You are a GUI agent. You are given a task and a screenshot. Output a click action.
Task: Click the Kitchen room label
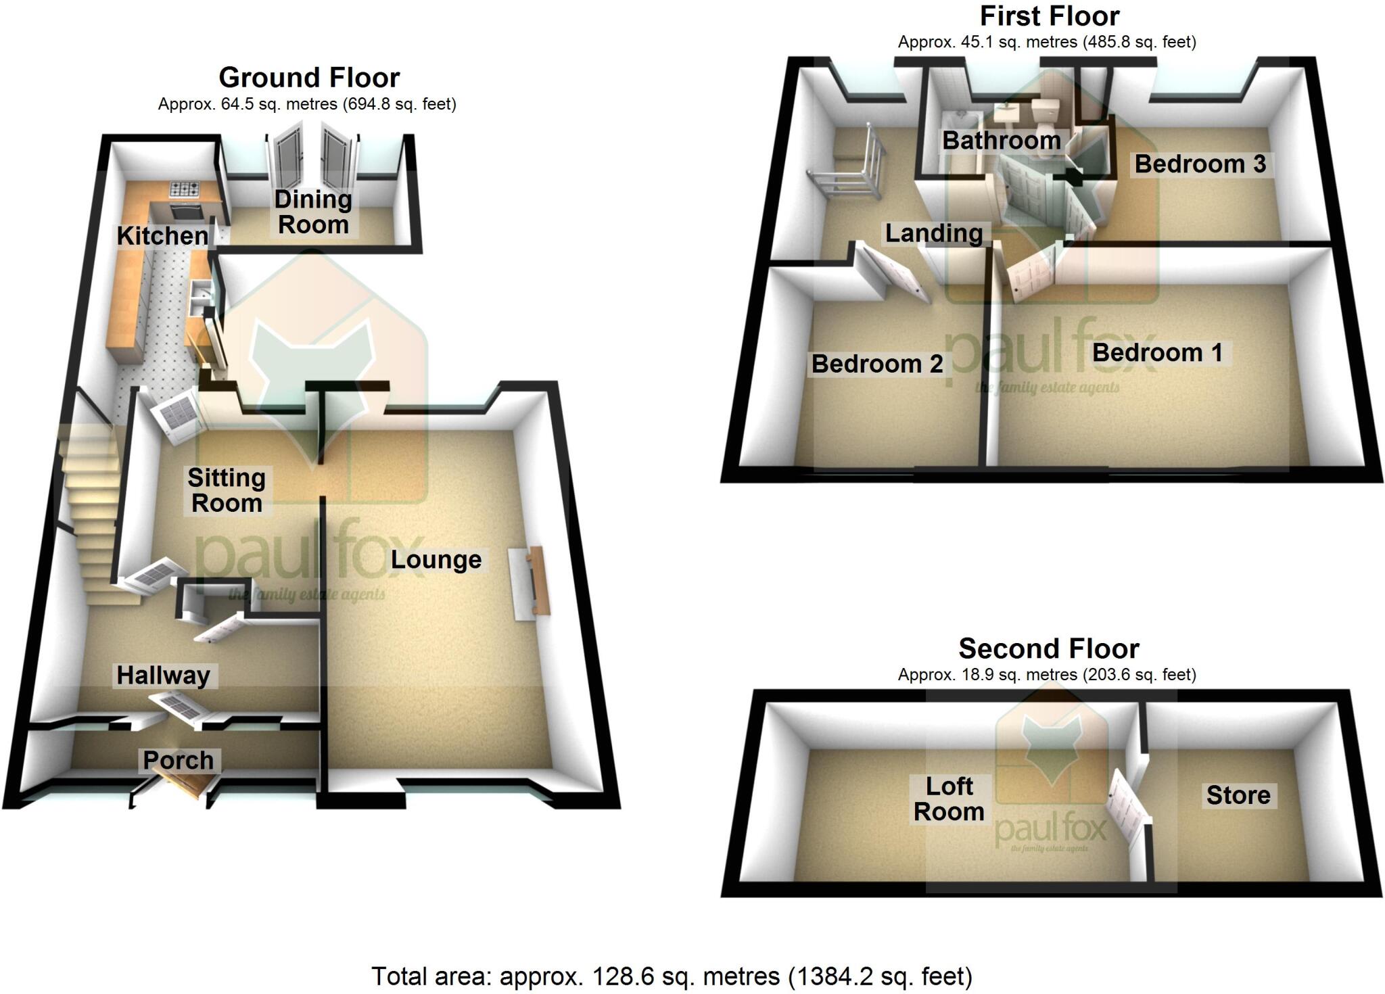click(x=162, y=236)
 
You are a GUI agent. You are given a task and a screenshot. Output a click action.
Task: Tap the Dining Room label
click(x=313, y=212)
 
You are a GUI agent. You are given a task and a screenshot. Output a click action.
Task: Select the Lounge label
click(x=436, y=560)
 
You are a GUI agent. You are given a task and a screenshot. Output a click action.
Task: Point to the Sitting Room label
click(x=227, y=490)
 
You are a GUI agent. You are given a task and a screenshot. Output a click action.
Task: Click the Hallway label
click(x=164, y=676)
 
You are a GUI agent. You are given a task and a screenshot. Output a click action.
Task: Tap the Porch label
click(x=178, y=760)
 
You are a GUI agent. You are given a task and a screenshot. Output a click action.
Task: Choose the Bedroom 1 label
click(x=1157, y=352)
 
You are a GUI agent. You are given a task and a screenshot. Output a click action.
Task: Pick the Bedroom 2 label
click(x=877, y=364)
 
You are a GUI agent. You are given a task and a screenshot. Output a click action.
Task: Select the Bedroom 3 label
click(x=1200, y=164)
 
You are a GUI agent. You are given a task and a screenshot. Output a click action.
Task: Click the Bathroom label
click(x=1002, y=141)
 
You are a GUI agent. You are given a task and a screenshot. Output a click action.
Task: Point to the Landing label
click(x=934, y=233)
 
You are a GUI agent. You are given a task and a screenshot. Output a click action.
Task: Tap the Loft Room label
click(x=949, y=799)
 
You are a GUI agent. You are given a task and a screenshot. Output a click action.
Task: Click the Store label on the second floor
click(x=1238, y=795)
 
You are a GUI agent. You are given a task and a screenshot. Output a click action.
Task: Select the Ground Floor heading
click(x=309, y=78)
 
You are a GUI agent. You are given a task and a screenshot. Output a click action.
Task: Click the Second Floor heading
click(x=1049, y=648)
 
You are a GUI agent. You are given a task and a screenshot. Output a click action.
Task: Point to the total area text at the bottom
click(x=672, y=976)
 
